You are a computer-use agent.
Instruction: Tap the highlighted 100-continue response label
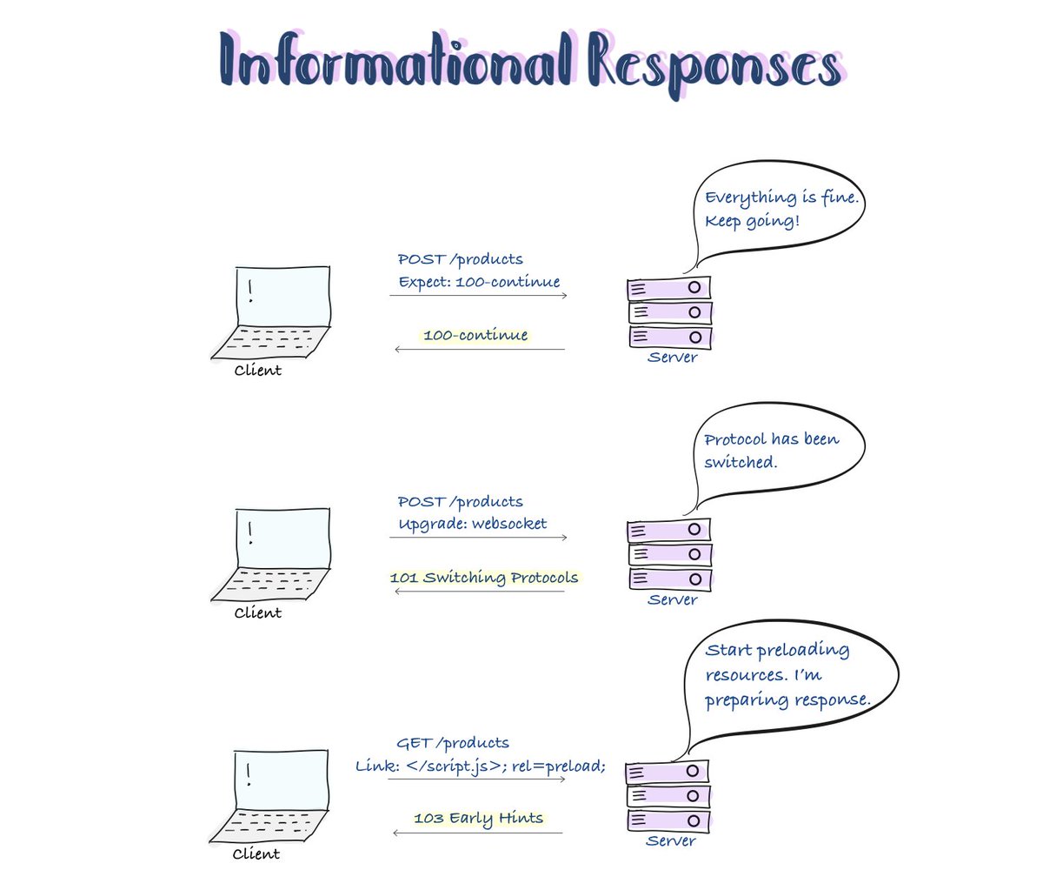[x=475, y=335]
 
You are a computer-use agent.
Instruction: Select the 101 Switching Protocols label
[x=483, y=578]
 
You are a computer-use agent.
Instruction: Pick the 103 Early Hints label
[x=478, y=819]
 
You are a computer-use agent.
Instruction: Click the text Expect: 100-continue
[x=479, y=282]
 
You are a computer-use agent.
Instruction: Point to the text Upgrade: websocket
[x=473, y=525]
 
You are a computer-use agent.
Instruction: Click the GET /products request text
[x=453, y=743]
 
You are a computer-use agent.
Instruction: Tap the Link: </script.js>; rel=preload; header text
[x=481, y=766]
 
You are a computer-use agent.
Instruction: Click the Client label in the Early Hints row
[x=256, y=854]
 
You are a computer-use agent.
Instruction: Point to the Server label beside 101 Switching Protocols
[x=673, y=599]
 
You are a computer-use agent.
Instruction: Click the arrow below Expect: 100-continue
[x=478, y=296]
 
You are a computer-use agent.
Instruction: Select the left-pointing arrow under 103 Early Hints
[x=478, y=833]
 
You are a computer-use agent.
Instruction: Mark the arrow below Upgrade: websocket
[x=478, y=538]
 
